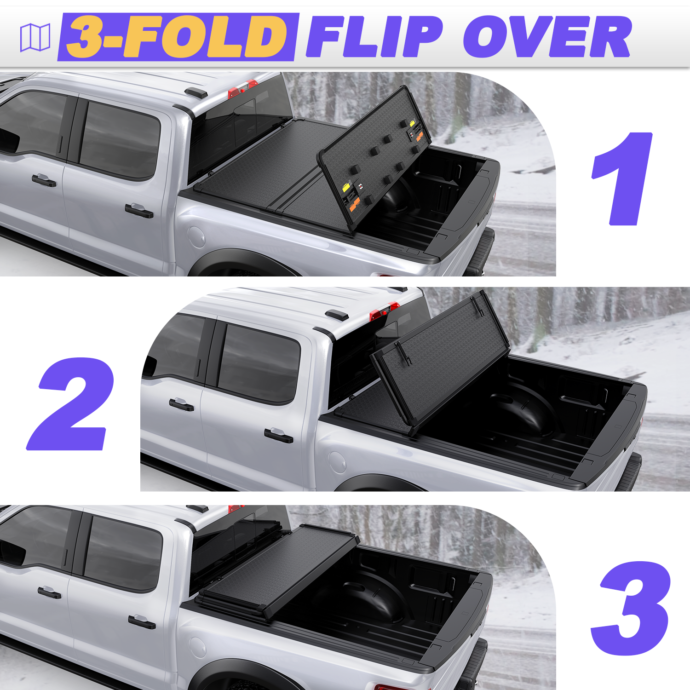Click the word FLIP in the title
[374, 37]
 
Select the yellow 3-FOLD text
[177, 37]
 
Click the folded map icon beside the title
[35, 37]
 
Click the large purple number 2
[70, 403]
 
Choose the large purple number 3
[631, 608]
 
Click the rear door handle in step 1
[139, 210]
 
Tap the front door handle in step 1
[44, 180]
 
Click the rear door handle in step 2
[279, 435]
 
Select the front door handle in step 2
[181, 404]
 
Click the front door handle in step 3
[49, 592]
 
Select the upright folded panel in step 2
[441, 361]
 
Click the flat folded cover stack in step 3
[278, 569]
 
